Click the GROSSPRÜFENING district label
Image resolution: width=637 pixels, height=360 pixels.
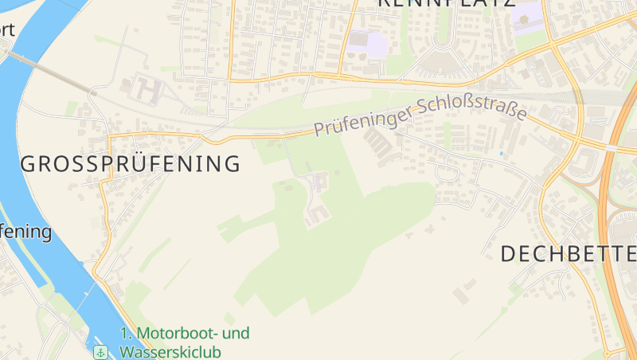pos(130,165)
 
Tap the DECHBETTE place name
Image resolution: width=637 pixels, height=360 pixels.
pos(568,254)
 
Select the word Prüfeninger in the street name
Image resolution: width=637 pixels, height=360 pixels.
pos(361,120)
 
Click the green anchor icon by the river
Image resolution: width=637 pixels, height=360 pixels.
pos(101,351)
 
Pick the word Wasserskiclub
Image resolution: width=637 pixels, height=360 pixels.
pos(170,351)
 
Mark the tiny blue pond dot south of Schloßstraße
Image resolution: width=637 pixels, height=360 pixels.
pos(501,153)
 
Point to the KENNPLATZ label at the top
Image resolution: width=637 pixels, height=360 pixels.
pos(446,4)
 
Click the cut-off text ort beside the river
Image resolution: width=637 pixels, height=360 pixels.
pos(8,30)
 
